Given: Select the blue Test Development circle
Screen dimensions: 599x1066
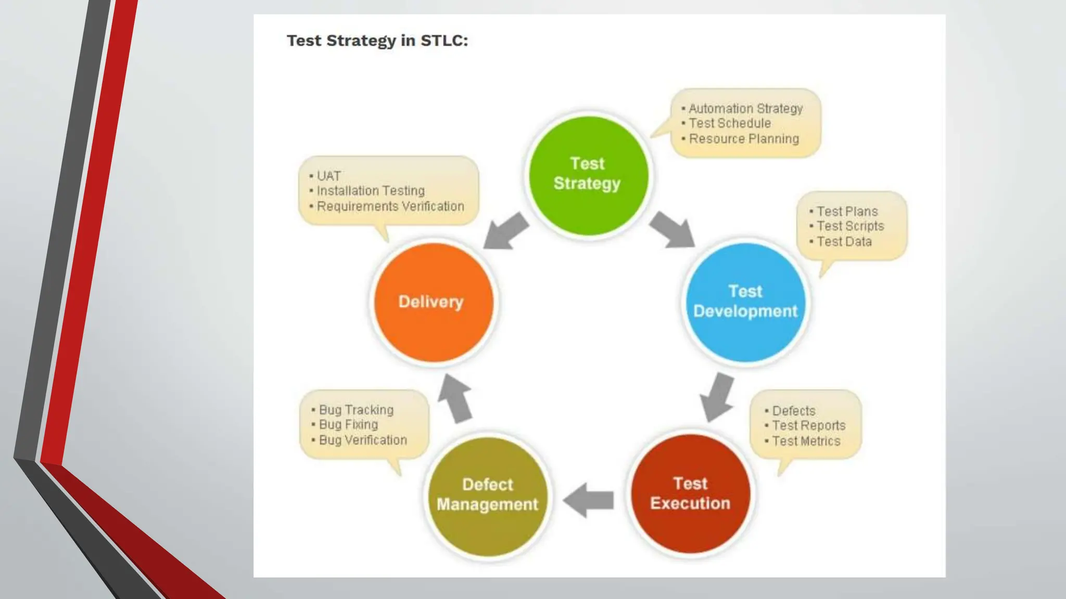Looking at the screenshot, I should click(x=745, y=302).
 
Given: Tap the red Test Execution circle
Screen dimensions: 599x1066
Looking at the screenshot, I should click(x=690, y=493).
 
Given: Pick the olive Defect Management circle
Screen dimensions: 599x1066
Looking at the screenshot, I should click(x=488, y=496).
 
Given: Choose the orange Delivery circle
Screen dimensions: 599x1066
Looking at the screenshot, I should click(x=433, y=302).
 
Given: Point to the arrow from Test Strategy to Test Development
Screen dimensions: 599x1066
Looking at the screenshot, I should click(x=672, y=229).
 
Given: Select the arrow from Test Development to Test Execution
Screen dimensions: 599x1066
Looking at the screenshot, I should click(x=718, y=397).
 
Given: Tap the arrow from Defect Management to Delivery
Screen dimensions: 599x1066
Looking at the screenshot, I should click(x=455, y=398).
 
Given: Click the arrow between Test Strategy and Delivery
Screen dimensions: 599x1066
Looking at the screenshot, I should click(x=506, y=230).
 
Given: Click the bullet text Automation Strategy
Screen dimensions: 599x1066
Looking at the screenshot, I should click(x=745, y=109).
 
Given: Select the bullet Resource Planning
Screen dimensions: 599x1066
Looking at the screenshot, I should click(x=744, y=139).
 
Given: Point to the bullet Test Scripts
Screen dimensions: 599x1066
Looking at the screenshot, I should click(x=850, y=226).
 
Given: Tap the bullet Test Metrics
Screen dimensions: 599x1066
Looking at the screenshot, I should click(x=806, y=441).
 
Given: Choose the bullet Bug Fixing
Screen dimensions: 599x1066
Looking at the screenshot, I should click(x=348, y=425).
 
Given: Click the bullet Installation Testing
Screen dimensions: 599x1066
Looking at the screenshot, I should click(x=371, y=191).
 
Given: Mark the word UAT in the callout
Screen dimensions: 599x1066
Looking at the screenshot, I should click(x=329, y=176).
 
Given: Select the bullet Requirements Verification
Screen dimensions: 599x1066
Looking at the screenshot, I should click(x=390, y=206).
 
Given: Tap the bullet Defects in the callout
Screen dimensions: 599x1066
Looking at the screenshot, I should click(x=793, y=411).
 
